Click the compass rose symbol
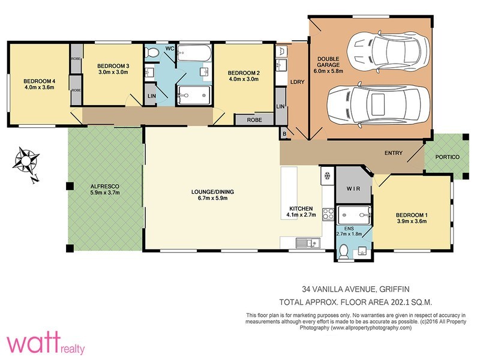point(26,161)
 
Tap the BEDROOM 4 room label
point(39,81)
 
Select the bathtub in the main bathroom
point(194,53)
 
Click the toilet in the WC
point(151,53)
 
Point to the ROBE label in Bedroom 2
point(254,119)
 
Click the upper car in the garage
point(388,52)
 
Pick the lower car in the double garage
point(379,103)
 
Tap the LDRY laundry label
point(297,82)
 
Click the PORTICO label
point(447,157)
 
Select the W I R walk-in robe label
point(353,189)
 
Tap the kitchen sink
point(308,243)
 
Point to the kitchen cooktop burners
point(328,214)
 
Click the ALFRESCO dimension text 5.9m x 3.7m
point(104,193)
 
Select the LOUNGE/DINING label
point(212,192)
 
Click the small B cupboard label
point(284,134)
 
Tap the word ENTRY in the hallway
point(394,153)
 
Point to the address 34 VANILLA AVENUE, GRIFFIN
point(356,289)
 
